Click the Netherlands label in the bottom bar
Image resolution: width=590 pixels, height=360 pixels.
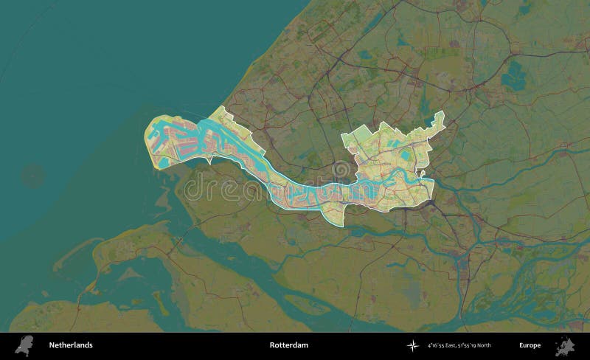pos(70,345)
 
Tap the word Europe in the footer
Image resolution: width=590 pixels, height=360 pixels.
pos(529,345)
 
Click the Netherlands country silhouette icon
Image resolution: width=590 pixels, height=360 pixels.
pos(25,345)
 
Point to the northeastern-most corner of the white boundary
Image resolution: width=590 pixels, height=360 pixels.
pos(442,111)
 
